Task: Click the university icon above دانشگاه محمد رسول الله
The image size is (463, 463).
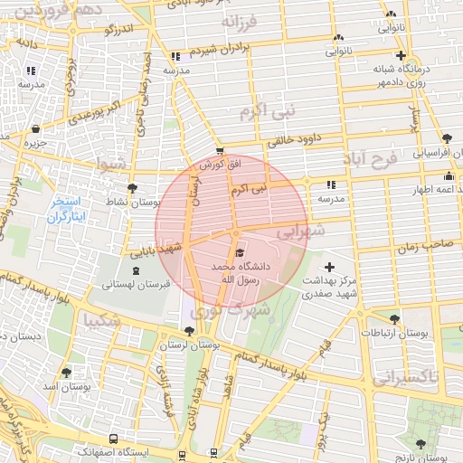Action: pos(239,252)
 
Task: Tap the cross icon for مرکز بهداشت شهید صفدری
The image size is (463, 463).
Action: pos(329,267)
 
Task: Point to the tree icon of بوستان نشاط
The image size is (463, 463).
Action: pos(133,188)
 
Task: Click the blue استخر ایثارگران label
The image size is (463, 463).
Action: pos(65,210)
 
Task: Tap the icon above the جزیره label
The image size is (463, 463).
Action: pos(35,129)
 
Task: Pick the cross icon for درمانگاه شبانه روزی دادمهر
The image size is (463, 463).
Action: pos(400,55)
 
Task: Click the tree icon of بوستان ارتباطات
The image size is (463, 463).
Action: pos(393,319)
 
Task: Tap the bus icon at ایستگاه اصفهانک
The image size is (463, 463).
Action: pos(112,439)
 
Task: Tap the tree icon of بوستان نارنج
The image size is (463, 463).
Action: pos(420,443)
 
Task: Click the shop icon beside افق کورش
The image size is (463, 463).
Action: pos(220,151)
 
